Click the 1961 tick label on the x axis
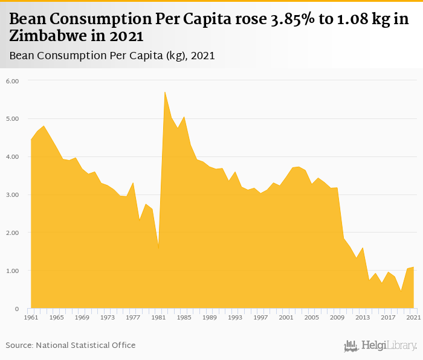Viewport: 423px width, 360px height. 31,317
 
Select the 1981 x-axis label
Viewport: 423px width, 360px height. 158,317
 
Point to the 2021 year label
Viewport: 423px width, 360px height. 413,317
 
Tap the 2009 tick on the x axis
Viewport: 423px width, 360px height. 337,317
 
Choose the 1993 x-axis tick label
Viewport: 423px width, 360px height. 235,317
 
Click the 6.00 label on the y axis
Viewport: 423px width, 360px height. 13,81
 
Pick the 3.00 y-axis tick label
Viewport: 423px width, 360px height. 13,195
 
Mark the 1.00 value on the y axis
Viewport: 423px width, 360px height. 13,271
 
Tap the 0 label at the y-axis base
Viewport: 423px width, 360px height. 17,309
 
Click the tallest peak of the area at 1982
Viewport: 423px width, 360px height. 165,92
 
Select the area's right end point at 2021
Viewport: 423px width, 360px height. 414,266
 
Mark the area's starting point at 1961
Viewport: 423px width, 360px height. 31,140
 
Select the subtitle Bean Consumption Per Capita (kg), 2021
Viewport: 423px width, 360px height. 112,56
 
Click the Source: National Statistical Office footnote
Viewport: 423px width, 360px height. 71,345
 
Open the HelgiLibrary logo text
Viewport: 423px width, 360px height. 389,346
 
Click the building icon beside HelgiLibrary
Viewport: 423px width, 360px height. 351,346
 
